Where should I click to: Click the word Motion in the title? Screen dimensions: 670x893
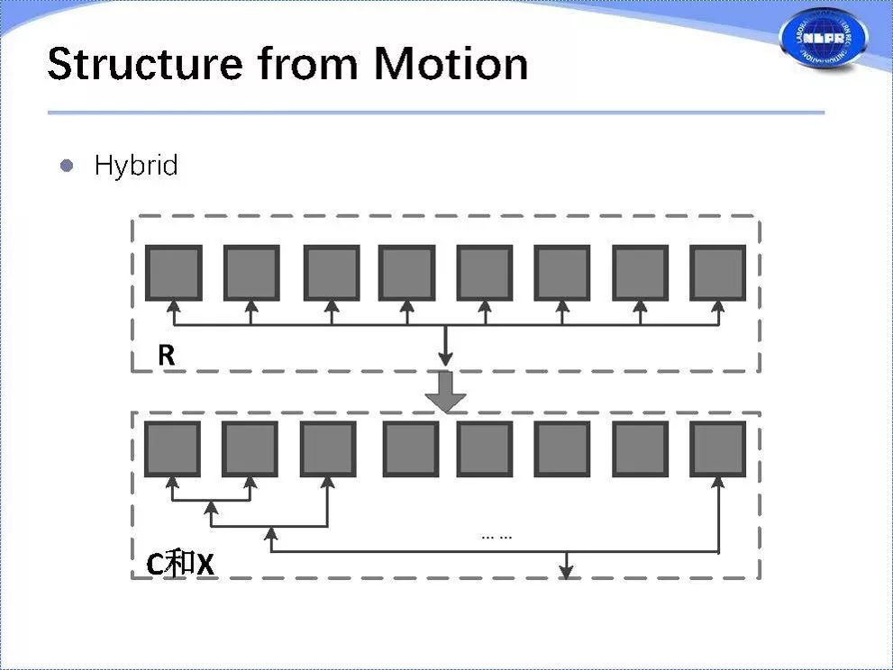pos(451,64)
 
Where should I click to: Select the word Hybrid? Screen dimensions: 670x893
pos(136,166)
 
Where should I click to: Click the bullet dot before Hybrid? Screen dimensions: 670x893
pos(66,166)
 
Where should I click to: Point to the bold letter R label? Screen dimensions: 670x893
pos(166,355)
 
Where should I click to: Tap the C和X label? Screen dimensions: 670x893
pos(181,564)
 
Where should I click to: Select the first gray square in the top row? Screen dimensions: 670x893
pos(173,273)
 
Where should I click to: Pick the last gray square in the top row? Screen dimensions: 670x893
pos(718,273)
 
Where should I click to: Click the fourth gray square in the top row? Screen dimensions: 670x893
pos(406,273)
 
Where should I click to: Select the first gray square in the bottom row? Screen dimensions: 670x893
pos(172,448)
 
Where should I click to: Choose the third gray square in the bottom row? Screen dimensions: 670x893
pos(328,448)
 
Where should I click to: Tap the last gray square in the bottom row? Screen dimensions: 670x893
pos(718,448)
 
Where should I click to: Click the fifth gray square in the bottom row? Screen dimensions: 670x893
pos(485,448)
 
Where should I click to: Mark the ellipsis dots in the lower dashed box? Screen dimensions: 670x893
pos(497,536)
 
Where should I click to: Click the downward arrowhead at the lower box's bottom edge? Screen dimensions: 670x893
pos(566,570)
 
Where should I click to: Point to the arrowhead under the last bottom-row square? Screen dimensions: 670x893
pos(718,484)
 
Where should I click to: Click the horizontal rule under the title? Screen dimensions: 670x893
pos(435,113)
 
